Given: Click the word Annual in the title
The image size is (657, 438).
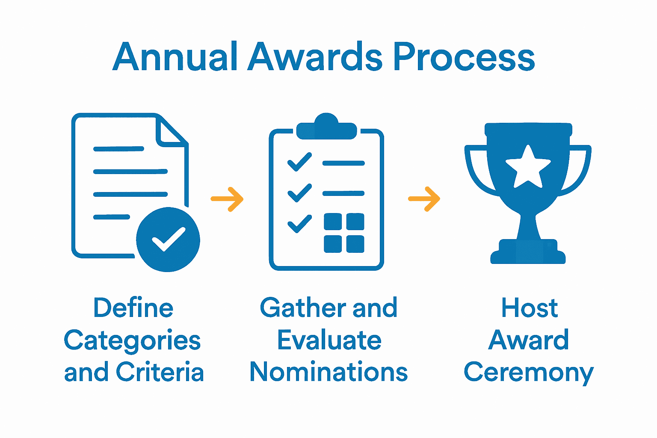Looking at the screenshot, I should [x=175, y=57].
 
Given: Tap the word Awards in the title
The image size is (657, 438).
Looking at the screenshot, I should [x=315, y=57].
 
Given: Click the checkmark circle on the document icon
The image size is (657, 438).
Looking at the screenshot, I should [x=168, y=240].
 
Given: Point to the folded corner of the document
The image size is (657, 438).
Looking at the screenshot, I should [x=171, y=130].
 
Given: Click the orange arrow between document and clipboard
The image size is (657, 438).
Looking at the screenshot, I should [x=227, y=199].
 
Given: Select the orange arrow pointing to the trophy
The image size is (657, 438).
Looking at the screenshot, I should [x=424, y=199].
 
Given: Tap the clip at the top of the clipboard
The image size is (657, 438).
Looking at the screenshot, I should [x=326, y=127].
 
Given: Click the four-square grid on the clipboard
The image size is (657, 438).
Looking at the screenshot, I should [x=344, y=233].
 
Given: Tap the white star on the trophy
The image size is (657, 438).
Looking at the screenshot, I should [x=528, y=167].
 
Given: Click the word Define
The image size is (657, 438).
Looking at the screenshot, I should [x=133, y=308].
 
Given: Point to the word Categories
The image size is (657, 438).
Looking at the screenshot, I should [x=132, y=341].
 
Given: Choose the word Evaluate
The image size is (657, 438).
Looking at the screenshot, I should [x=329, y=340].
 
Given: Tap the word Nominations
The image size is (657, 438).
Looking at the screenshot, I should [x=328, y=372].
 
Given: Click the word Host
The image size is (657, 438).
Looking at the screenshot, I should [x=530, y=308].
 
